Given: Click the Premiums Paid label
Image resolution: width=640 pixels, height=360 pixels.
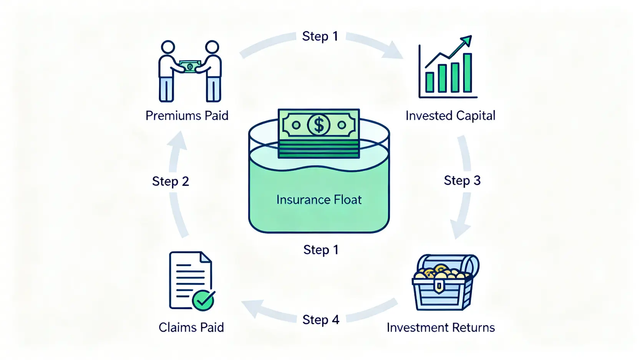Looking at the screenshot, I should tap(187, 116).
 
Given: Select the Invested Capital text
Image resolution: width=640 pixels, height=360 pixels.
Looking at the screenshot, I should tap(450, 116).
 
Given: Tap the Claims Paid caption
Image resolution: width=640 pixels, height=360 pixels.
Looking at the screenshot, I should tap(191, 327).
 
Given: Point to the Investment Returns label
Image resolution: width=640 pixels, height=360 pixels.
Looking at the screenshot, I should tap(441, 327).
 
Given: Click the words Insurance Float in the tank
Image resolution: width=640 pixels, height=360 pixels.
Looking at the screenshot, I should tap(319, 200).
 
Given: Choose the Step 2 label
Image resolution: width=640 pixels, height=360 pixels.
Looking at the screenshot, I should tap(171, 181).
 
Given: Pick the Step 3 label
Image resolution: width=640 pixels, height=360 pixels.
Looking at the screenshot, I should tap(462, 181).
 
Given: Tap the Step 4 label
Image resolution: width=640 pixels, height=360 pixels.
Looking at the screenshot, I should tap(321, 320).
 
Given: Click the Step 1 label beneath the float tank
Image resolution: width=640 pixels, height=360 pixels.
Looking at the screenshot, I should tap(321, 250).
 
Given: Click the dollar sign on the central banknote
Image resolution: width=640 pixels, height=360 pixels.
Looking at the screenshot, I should tap(319, 125).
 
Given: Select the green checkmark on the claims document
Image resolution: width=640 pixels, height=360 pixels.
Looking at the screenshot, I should tap(203, 300).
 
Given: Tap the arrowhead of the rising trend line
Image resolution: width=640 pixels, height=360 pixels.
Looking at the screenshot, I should tap(466, 40).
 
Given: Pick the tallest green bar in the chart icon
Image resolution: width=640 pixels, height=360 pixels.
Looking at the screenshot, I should tap(467, 73).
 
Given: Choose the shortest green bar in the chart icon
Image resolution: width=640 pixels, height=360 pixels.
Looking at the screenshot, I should tap(429, 82).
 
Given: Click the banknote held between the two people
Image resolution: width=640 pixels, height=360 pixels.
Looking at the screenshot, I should tap(190, 66).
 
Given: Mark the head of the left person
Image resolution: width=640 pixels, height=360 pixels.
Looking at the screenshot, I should tap(167, 47).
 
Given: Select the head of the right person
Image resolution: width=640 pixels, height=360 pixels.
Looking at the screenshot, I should tap(212, 47).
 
